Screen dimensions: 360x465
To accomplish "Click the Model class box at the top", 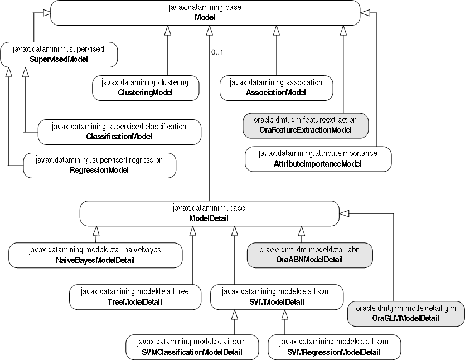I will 205,13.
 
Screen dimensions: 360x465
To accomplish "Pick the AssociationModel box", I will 276,87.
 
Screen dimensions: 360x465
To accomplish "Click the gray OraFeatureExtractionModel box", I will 306,125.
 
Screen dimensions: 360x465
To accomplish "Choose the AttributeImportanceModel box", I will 318,158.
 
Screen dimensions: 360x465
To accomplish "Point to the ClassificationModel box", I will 119,132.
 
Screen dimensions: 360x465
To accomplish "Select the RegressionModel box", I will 99,165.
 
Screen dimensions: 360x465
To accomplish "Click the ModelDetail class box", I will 209,213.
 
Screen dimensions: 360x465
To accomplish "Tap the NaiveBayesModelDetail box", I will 96,255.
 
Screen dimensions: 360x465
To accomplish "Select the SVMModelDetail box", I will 277,296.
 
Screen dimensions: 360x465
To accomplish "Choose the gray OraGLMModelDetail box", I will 405,313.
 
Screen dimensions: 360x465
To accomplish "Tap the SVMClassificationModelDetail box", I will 192,347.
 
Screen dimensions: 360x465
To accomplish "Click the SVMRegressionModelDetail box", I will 335,347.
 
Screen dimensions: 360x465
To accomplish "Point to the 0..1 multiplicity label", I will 217,53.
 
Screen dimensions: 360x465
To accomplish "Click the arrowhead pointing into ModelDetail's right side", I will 344,213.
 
